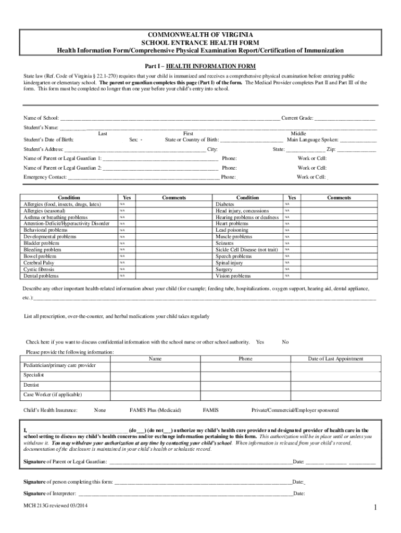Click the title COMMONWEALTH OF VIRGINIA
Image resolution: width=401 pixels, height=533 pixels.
pyautogui.click(x=200, y=34)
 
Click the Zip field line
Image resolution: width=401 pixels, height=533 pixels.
pyautogui.click(x=357, y=150)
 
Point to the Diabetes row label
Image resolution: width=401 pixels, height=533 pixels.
pyautogui.click(x=225, y=205)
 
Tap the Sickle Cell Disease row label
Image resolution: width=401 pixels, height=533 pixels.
pyautogui.click(x=247, y=250)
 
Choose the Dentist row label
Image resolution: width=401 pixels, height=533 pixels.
pyautogui.click(x=32, y=385)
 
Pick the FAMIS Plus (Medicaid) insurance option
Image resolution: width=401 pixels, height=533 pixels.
pyautogui.click(x=155, y=410)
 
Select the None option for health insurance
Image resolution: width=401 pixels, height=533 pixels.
pyautogui.click(x=99, y=410)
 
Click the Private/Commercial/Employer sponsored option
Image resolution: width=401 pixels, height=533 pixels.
pyautogui.click(x=295, y=410)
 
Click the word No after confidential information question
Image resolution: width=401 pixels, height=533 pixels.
pyautogui.click(x=285, y=342)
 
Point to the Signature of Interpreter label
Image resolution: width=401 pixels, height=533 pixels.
pyautogui.click(x=50, y=493)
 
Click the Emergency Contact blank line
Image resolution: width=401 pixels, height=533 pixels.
pyautogui.click(x=143, y=177)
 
